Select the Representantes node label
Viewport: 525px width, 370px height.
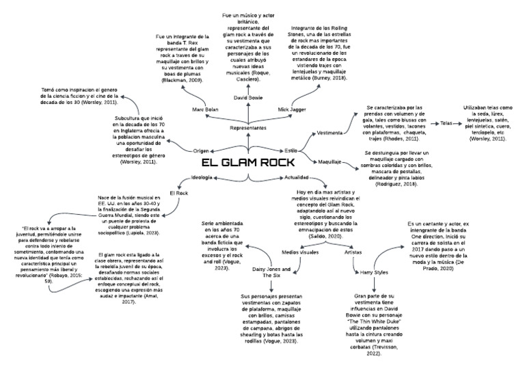point(247,129)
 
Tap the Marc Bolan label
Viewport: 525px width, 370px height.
point(206,109)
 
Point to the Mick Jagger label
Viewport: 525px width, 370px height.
point(292,109)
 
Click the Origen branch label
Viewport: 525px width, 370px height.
point(201,150)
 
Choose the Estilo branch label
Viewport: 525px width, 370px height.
point(291,149)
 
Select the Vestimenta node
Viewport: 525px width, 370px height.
point(333,132)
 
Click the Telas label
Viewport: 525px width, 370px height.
point(446,123)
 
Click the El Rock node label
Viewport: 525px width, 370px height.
point(178,193)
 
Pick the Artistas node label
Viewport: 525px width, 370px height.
point(353,252)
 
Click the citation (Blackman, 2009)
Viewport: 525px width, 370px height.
point(183,81)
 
